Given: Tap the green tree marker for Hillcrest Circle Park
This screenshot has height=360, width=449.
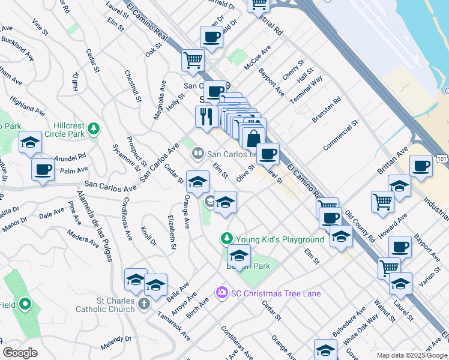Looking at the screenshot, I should [x=93, y=128].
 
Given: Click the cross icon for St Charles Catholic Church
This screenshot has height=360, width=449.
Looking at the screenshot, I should [x=143, y=304].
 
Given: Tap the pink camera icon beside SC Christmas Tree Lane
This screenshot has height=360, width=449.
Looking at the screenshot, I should [x=221, y=293].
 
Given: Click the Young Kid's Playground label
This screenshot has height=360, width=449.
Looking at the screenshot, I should [x=279, y=239].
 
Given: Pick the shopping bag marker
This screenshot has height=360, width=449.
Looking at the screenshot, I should [x=254, y=137].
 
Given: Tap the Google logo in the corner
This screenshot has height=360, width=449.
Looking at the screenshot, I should [x=20, y=352].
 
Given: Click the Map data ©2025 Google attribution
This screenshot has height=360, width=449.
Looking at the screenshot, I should [x=412, y=355].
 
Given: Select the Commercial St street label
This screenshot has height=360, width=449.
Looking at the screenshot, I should [x=340, y=135].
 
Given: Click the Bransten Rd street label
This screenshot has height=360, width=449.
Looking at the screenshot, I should [x=327, y=109].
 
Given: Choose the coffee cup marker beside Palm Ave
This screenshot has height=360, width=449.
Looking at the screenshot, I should [x=43, y=169].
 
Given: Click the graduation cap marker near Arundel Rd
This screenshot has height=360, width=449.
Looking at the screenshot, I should [x=30, y=142].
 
